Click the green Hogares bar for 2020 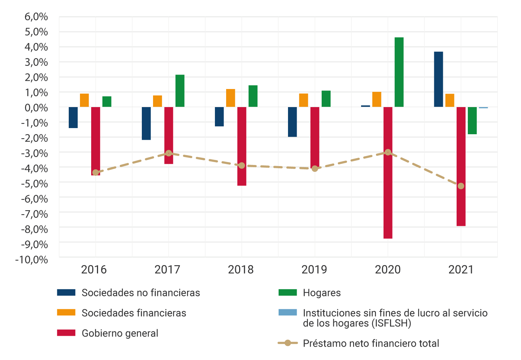point(399,72)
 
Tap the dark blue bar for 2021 point(439,79)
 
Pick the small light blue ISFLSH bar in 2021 point(483,108)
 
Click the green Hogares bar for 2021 point(472,120)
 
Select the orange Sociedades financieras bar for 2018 point(230,98)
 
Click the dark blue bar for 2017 point(146,123)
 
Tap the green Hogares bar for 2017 point(180,91)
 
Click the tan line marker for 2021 point(461,186)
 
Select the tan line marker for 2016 point(96,173)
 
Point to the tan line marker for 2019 point(315,169)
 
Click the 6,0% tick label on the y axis point(36,17)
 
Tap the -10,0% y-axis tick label point(31,260)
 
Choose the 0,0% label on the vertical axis point(36,108)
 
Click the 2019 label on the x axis point(314,270)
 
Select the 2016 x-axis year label point(94,270)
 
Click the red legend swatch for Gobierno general point(66,333)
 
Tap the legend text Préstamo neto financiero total point(371,343)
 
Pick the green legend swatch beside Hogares point(288,292)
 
